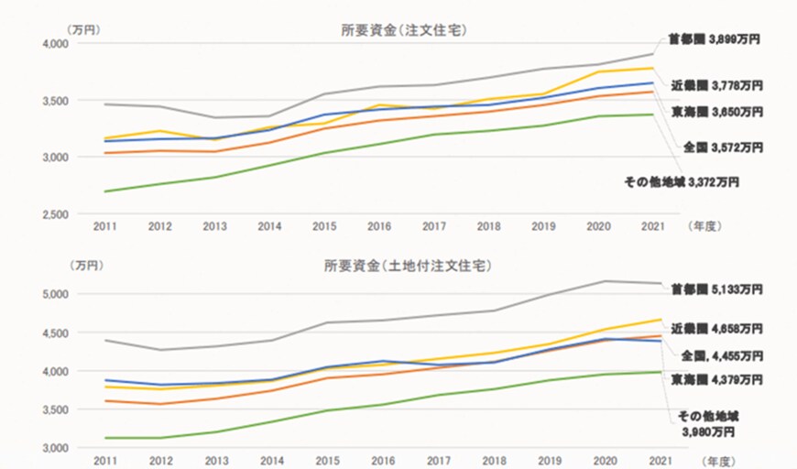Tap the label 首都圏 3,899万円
tap(715, 40)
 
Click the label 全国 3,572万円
tap(724, 147)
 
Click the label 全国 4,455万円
tap(718, 354)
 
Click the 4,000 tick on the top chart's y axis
tap(56, 44)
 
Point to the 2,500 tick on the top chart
tap(56, 214)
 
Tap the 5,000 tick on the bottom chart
tap(56, 295)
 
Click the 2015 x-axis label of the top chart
tap(325, 224)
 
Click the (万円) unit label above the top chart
tap(84, 28)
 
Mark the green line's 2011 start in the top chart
tap(105, 191)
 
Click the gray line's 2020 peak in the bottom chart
tap(605, 281)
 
